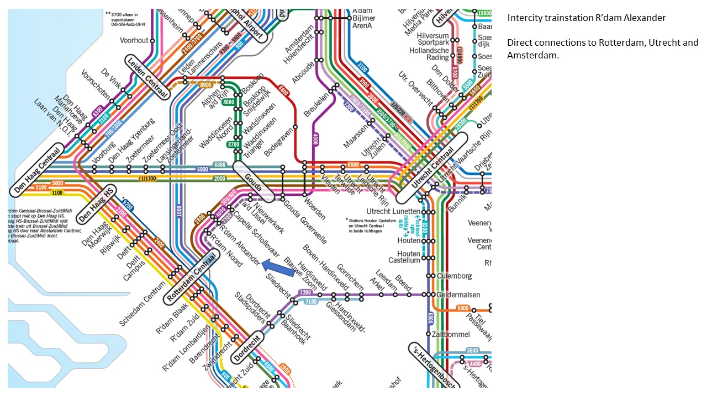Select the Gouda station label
coord(254,181)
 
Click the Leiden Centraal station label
coord(146,77)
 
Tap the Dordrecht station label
coord(246,346)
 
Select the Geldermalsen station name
coord(458,295)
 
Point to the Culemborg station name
coord(455,276)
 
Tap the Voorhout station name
coord(134,40)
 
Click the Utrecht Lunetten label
coord(393,212)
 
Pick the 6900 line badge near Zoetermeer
coord(203,169)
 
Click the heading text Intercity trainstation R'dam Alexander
coord(587,18)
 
